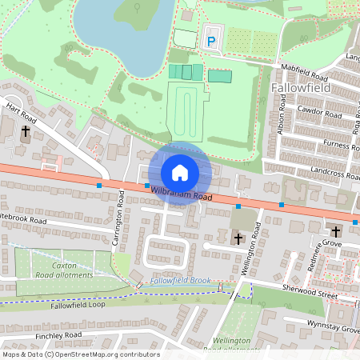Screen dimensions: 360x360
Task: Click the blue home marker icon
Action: coord(180,173)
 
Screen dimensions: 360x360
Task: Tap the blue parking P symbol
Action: coord(211,40)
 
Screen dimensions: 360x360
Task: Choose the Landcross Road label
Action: coord(332,170)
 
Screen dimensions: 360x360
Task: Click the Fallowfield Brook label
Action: coord(185,280)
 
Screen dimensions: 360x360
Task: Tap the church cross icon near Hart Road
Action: coord(26,130)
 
